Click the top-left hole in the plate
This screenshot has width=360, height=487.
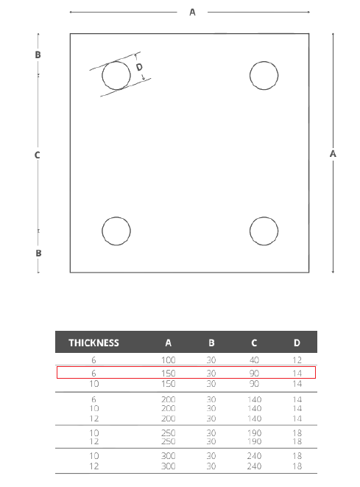[x=102, y=75]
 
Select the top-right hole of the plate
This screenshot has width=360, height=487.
[x=250, y=75]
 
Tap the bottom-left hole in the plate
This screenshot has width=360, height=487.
[x=102, y=231]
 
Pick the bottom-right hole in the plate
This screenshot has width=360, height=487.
[x=250, y=231]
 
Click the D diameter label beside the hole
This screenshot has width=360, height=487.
[x=139, y=67]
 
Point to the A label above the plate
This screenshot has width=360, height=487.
[x=192, y=13]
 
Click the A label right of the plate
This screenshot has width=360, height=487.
[x=333, y=154]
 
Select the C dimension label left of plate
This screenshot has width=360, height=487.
[x=38, y=155]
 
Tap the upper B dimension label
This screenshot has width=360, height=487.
[x=38, y=55]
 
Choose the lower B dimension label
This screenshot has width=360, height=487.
[x=38, y=253]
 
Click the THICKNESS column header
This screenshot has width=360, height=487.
[x=93, y=343]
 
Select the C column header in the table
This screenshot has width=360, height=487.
[x=254, y=343]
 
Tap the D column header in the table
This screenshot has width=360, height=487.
[x=297, y=343]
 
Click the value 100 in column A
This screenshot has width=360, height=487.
[x=168, y=360]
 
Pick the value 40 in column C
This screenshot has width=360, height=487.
[x=254, y=360]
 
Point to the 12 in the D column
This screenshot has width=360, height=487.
[x=297, y=360]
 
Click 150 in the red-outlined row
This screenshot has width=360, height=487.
[x=168, y=374]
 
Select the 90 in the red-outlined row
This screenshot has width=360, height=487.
[x=254, y=374]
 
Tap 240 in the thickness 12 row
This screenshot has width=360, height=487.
[x=254, y=466]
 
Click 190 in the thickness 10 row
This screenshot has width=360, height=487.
[x=254, y=433]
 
